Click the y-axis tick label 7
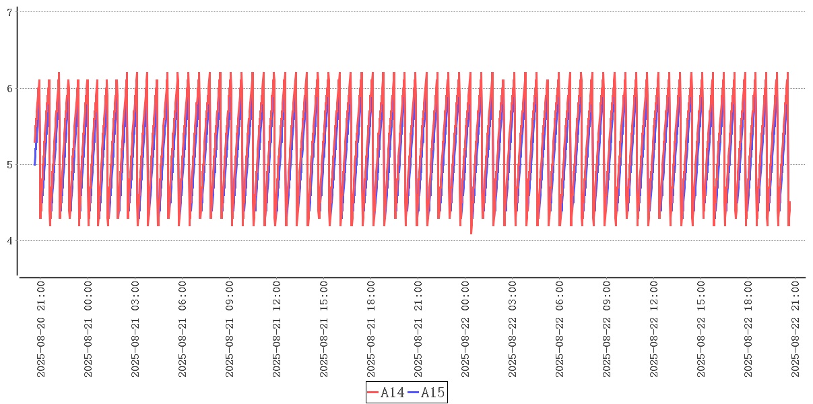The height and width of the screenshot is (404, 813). [x=10, y=12]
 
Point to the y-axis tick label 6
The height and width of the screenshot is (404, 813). [x=10, y=88]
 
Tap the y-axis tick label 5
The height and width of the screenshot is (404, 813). [x=10, y=164]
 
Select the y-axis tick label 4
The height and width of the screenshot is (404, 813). [x=10, y=241]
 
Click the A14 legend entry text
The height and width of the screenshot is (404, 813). [x=392, y=393]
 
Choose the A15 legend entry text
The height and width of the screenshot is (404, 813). [x=432, y=393]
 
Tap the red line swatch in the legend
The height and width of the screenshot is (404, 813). [x=373, y=393]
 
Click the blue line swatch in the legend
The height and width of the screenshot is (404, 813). [x=414, y=393]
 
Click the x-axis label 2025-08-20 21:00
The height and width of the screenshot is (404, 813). [x=41, y=329]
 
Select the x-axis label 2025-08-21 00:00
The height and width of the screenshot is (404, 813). [x=88, y=329]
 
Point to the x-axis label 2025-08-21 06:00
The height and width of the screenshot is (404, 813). [x=183, y=329]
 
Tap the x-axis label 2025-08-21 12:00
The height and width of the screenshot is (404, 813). [x=277, y=329]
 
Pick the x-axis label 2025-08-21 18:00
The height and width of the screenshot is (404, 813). [x=371, y=329]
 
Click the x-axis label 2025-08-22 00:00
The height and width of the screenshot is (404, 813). [x=465, y=329]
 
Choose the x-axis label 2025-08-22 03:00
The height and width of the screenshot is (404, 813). [x=513, y=329]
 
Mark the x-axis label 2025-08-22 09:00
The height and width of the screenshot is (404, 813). [x=607, y=329]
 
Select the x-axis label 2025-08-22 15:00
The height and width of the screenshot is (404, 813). [x=701, y=329]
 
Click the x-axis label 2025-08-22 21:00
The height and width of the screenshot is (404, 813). [x=795, y=329]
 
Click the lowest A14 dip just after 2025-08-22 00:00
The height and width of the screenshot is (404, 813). [x=471, y=234]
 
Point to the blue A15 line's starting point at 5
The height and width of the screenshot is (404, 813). [x=35, y=164]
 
